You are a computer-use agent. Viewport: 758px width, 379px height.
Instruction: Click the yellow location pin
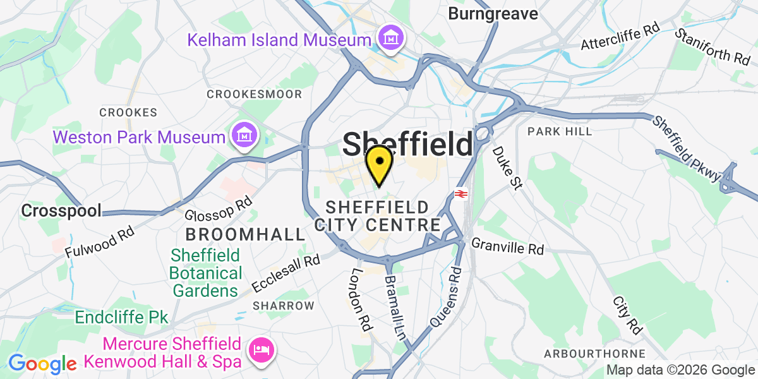(x=379, y=163)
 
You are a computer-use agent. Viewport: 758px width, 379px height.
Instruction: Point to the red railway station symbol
(x=460, y=194)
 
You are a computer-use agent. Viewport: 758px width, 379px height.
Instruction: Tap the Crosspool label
(x=61, y=210)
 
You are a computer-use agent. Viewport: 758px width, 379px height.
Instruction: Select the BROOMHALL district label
(x=245, y=234)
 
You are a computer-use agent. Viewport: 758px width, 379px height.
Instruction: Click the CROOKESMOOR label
(x=255, y=94)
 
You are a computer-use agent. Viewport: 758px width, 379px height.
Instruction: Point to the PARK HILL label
(x=560, y=131)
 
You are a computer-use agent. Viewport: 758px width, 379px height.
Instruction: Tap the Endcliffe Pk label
(x=122, y=317)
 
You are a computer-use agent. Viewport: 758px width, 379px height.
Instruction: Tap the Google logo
(x=42, y=364)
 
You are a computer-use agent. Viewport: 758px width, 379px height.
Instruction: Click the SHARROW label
(x=283, y=306)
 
